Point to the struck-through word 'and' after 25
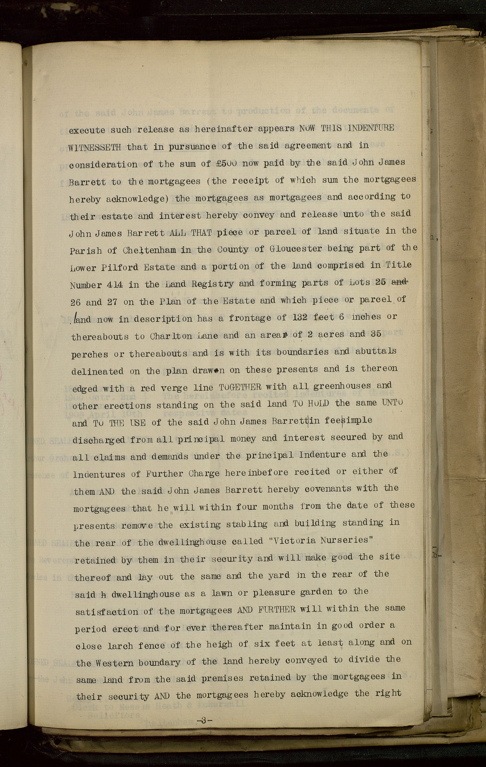click(399, 282)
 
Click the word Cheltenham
click(149, 250)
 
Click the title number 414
click(114, 284)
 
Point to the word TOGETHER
click(240, 387)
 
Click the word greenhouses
click(342, 386)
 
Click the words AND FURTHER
click(266, 609)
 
